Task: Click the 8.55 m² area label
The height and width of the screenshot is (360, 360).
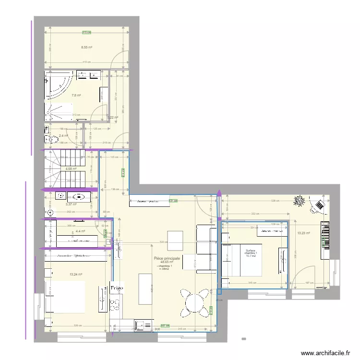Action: point(86,48)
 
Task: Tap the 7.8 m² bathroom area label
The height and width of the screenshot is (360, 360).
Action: point(76,96)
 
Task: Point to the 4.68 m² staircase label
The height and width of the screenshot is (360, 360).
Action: point(71,168)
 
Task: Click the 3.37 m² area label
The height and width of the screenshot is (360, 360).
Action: point(71,204)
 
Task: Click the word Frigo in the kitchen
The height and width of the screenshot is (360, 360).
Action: point(117,288)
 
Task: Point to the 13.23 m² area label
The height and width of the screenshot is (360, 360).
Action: point(304,233)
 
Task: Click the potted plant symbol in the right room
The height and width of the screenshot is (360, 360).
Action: point(301,201)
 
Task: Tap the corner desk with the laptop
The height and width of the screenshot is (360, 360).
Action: point(318,206)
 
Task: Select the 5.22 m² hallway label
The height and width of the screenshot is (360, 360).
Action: point(112,117)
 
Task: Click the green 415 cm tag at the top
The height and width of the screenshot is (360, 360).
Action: point(86,33)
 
